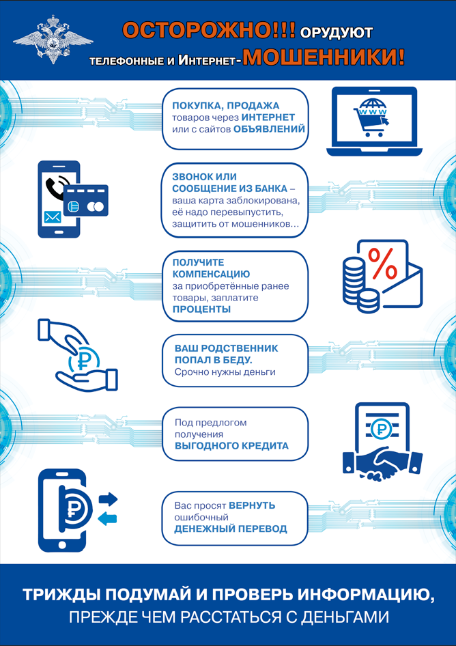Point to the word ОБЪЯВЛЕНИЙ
tap(269, 128)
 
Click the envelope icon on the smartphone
tap(53, 218)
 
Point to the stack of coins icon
tap(356, 281)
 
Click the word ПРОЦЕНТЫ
tap(201, 309)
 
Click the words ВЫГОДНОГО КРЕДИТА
tap(231, 446)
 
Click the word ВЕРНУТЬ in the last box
tap(252, 505)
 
